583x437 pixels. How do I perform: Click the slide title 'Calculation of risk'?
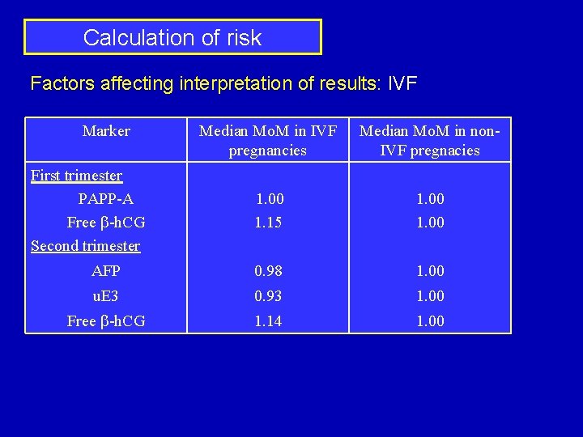tap(172, 37)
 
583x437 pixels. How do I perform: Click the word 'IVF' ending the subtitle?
tap(402, 83)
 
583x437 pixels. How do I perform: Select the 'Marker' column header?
tap(106, 131)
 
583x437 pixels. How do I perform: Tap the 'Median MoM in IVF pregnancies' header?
tap(268, 140)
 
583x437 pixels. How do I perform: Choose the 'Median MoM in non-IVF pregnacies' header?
tap(430, 140)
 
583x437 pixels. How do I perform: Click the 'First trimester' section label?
tap(76, 176)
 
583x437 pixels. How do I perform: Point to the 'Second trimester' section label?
tap(85, 246)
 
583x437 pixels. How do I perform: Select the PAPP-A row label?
tap(106, 199)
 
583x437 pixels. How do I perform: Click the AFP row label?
tap(106, 271)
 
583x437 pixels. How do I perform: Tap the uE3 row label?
tap(106, 296)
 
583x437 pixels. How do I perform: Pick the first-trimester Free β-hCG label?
tap(106, 223)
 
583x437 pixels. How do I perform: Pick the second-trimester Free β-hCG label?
tap(106, 321)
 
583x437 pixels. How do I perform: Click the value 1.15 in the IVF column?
tap(268, 223)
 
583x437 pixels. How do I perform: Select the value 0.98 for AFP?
tap(268, 271)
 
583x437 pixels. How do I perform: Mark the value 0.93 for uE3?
tap(268, 296)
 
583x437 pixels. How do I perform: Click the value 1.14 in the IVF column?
tap(268, 321)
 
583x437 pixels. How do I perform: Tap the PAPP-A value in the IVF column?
tap(270, 199)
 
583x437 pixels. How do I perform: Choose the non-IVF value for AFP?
tap(430, 271)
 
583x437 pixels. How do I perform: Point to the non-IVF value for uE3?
tap(430, 296)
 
